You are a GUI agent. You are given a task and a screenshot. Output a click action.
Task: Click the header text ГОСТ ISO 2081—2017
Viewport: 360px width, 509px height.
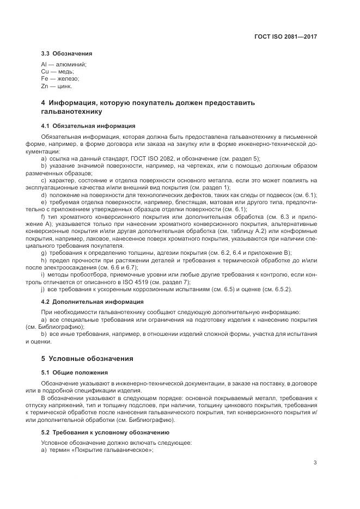(285, 37)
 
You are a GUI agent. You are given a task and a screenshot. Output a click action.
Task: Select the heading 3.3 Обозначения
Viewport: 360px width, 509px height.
(66, 53)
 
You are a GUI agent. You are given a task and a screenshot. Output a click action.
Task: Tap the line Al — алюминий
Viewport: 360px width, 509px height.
(64, 65)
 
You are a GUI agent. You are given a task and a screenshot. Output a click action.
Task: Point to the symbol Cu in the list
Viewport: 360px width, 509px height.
(45, 72)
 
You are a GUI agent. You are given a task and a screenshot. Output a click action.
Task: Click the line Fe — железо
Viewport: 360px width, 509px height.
(60, 79)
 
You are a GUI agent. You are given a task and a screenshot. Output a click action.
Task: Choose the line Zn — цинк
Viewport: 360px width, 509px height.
(57, 86)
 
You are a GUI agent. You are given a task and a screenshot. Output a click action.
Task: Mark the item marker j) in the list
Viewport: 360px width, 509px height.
(43, 289)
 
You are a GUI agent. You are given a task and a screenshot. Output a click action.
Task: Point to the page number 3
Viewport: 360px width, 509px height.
(315, 463)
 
